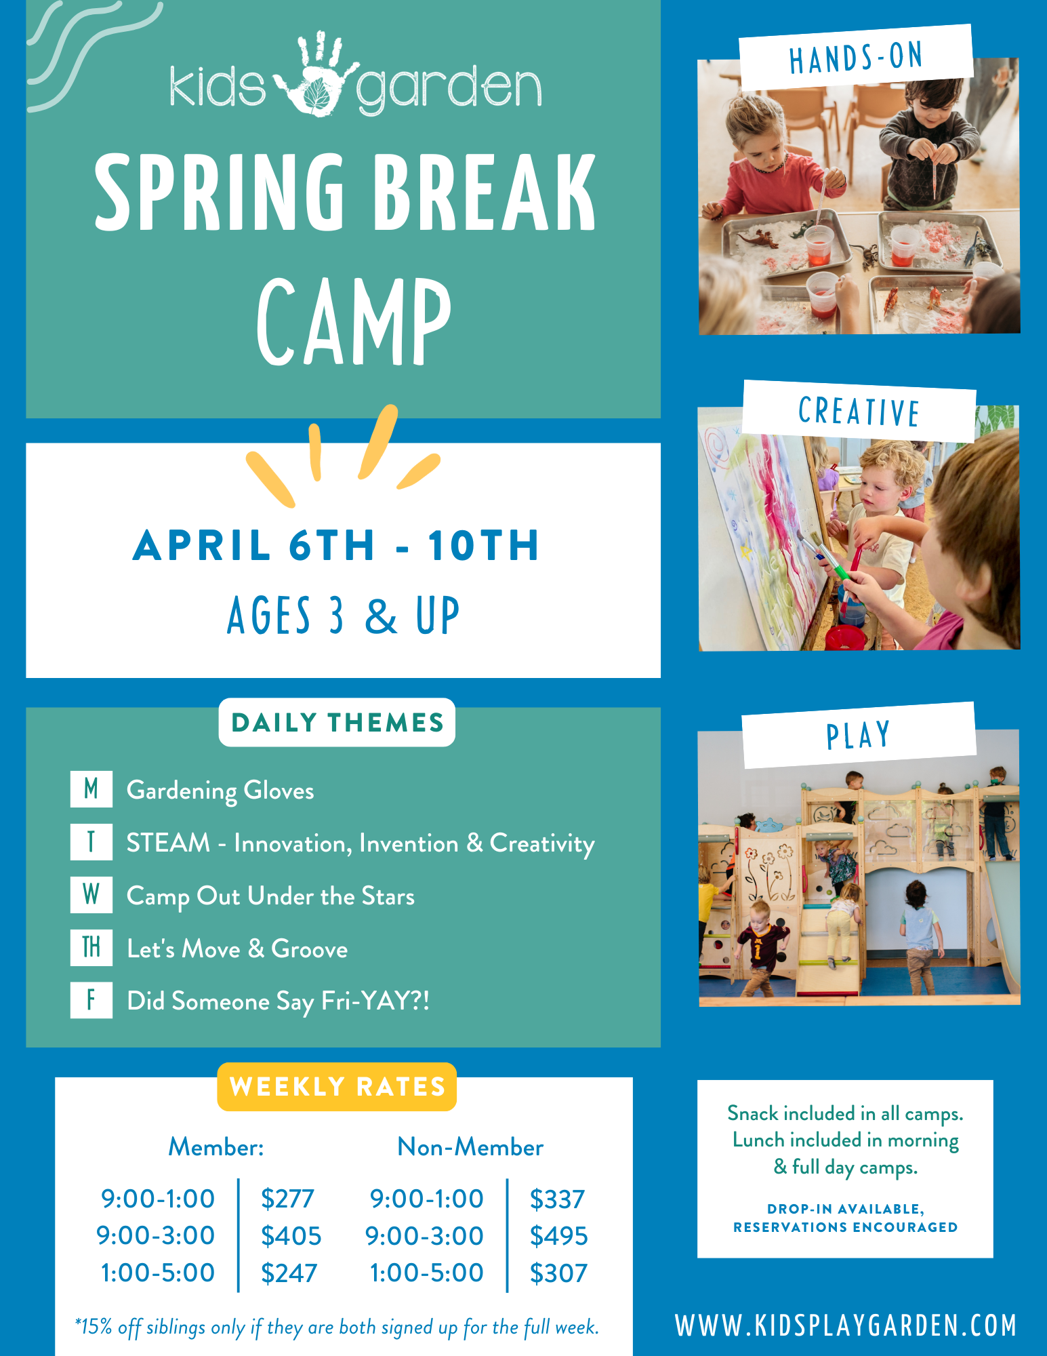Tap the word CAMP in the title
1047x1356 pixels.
click(354, 321)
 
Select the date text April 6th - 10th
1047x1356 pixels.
click(336, 546)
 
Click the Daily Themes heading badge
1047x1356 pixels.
click(337, 723)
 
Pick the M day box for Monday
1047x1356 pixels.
click(91, 789)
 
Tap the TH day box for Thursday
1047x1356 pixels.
click(91, 947)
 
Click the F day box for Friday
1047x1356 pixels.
click(91, 1000)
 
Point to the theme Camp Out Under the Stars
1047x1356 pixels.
click(270, 896)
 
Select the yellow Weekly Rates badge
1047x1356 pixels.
click(337, 1087)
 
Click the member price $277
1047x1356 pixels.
click(287, 1199)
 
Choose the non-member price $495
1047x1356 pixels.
click(558, 1236)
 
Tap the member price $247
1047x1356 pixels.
click(289, 1273)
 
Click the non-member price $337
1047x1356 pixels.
click(557, 1199)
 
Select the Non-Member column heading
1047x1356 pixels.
click(470, 1147)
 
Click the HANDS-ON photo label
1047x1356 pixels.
click(856, 58)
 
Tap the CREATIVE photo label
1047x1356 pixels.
click(859, 412)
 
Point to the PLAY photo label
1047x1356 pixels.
click(858, 736)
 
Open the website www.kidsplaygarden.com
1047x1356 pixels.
click(846, 1326)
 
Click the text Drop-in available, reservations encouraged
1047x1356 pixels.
click(845, 1218)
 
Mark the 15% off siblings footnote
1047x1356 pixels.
click(337, 1327)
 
